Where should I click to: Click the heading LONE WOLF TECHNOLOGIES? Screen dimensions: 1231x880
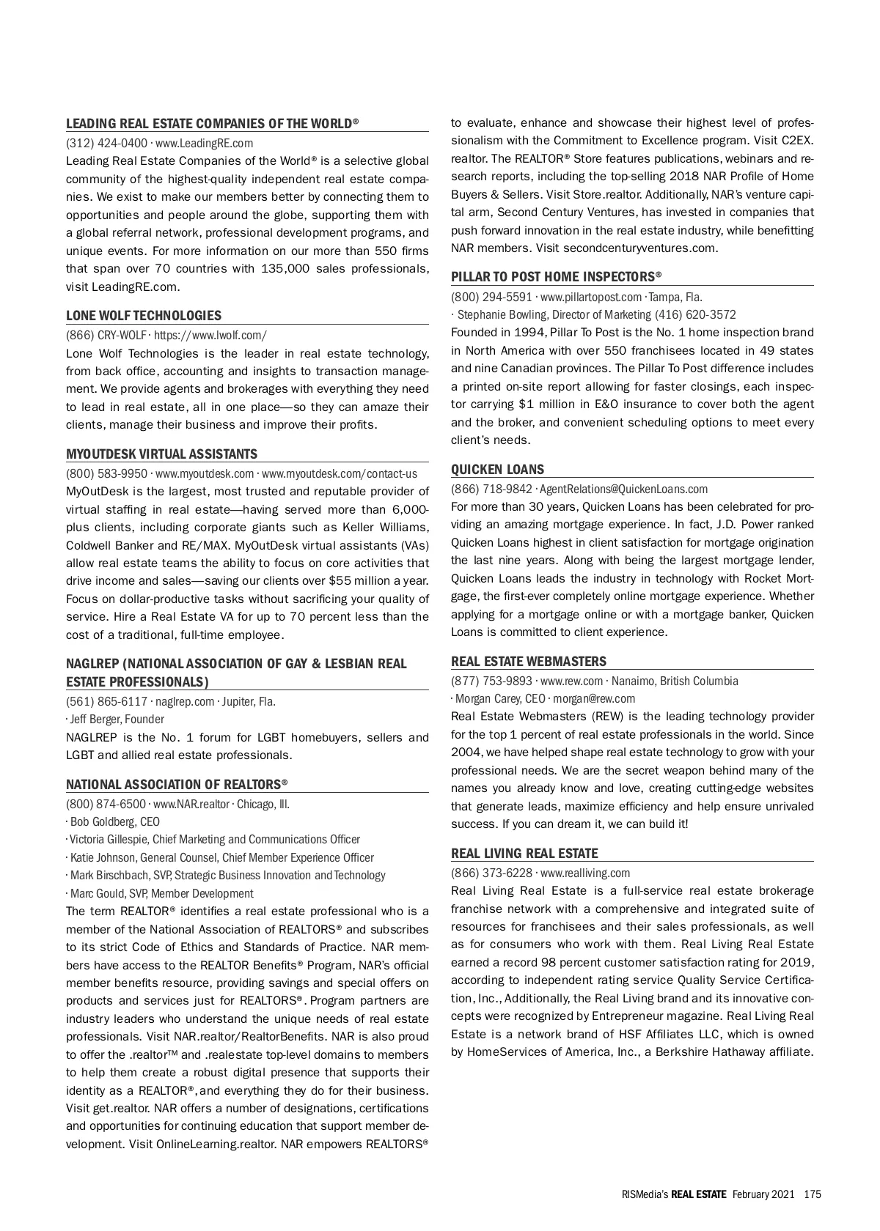pyautogui.click(x=144, y=316)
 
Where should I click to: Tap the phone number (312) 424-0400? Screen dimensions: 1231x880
pyautogui.click(x=106, y=144)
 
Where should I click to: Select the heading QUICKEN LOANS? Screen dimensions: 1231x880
pyautogui.click(x=497, y=470)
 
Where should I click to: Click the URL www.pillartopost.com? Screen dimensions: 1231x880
pyautogui.click(x=590, y=297)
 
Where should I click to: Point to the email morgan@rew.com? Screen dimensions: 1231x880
pyautogui.click(x=594, y=699)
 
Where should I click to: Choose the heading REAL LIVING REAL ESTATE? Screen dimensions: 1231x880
pyautogui.click(x=524, y=854)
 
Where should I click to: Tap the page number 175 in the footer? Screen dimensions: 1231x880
pyautogui.click(x=812, y=1194)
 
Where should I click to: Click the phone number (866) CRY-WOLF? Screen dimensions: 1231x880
pyautogui.click(x=106, y=336)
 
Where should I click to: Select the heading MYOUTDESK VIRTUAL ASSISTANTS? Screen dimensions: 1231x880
pyautogui.click(x=162, y=454)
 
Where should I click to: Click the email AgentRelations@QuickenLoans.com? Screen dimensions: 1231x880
pyautogui.click(x=624, y=489)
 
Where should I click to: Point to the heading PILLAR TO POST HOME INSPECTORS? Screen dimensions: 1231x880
pyautogui.click(x=556, y=277)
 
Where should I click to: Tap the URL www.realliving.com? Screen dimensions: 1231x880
pyautogui.click(x=585, y=873)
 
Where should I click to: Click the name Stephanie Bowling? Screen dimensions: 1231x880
pyautogui.click(x=501, y=315)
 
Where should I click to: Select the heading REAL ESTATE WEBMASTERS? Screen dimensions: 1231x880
pyautogui.click(x=529, y=662)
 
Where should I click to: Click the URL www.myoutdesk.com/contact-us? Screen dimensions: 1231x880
pyautogui.click(x=340, y=474)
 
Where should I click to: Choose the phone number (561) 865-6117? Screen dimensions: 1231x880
pyautogui.click(x=106, y=702)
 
